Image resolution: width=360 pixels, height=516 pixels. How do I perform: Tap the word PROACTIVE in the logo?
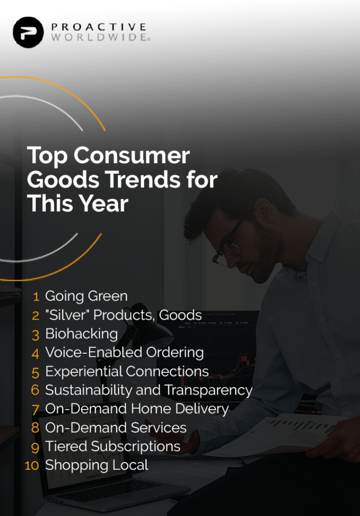coord(98,27)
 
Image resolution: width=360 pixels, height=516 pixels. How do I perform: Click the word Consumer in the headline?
coord(132,155)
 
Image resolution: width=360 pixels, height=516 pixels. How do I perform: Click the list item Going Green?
coord(86,296)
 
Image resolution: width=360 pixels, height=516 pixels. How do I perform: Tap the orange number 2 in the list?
coord(35,316)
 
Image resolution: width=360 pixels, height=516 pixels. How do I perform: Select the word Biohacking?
coord(81,334)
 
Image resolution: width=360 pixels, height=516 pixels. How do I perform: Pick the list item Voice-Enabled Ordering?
coord(124,353)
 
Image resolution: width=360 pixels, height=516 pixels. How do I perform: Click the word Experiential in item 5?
coord(84,371)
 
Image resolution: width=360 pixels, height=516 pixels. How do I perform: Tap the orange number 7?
coord(35,410)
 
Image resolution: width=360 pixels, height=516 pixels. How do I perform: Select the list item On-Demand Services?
coord(115,428)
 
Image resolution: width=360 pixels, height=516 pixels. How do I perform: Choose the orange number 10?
coord(32,465)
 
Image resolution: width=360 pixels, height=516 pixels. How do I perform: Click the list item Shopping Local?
coord(96,465)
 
